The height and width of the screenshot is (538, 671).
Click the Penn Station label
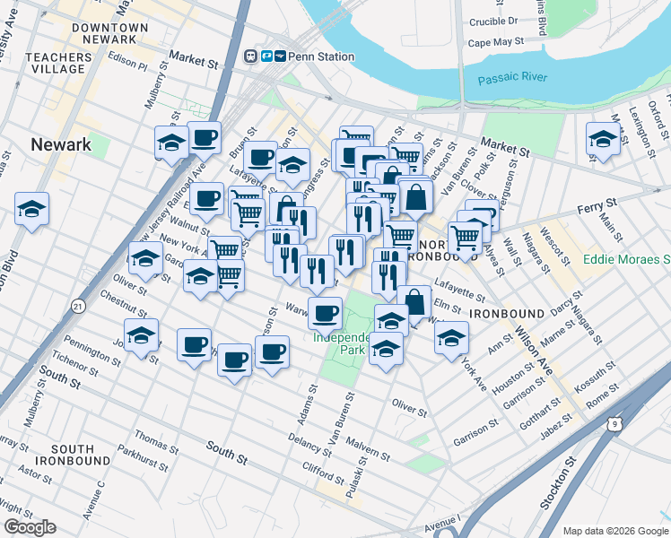(322, 56)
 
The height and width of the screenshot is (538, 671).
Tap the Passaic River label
(512, 78)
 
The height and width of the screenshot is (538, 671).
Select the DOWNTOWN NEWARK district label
(109, 34)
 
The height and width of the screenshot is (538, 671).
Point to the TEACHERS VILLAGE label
(59, 63)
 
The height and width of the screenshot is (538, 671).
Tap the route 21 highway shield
(79, 307)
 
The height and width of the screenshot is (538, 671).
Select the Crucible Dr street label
(493, 20)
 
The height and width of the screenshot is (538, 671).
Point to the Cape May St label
(495, 42)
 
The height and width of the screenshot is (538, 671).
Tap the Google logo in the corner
(30, 526)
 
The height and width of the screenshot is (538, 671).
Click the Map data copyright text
(615, 531)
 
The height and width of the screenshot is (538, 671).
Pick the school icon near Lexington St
(603, 138)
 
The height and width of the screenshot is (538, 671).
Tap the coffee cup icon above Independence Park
(325, 313)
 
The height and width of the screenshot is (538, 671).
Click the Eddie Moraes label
(625, 260)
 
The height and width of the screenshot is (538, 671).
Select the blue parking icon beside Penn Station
(266, 56)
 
